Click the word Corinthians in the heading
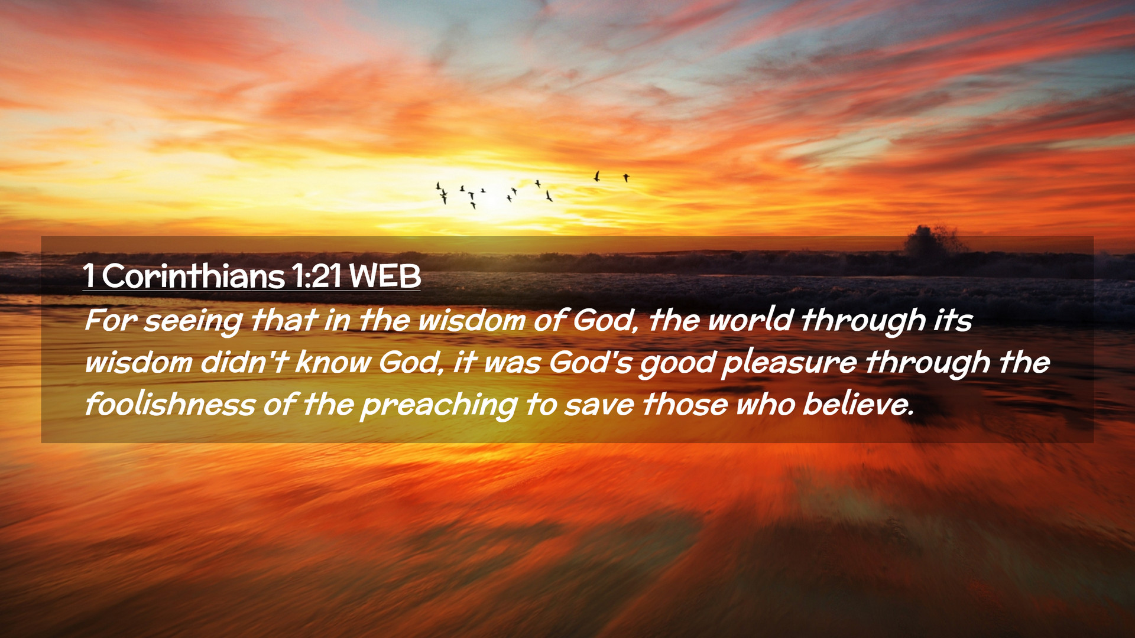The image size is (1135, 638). (193, 276)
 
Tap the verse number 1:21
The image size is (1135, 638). (316, 276)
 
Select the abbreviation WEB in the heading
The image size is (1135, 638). (385, 276)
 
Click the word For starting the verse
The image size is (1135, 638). (111, 320)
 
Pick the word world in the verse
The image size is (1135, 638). (750, 320)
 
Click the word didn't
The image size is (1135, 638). (244, 362)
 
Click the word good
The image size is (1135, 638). (677, 364)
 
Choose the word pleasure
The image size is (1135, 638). (789, 364)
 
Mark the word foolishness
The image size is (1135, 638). (170, 405)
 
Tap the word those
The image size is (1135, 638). (685, 405)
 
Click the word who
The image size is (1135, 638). (766, 405)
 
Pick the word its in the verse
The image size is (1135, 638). (952, 320)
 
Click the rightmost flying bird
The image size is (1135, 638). (626, 177)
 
